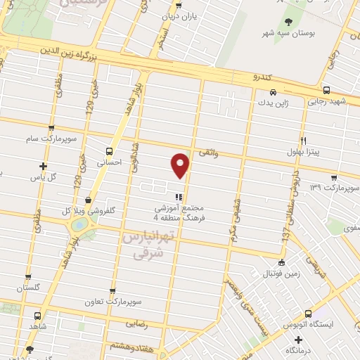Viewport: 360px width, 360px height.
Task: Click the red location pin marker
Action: tap(181, 164)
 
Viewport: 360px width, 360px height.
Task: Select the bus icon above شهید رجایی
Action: tap(326, 90)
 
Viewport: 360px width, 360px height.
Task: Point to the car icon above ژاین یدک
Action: tap(274, 91)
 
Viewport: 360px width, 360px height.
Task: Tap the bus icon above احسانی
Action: tap(108, 150)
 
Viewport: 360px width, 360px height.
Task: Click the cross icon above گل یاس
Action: tap(44, 167)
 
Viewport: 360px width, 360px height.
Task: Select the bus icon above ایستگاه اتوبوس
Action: tap(308, 314)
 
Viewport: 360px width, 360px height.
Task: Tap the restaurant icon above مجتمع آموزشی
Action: tap(179, 198)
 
